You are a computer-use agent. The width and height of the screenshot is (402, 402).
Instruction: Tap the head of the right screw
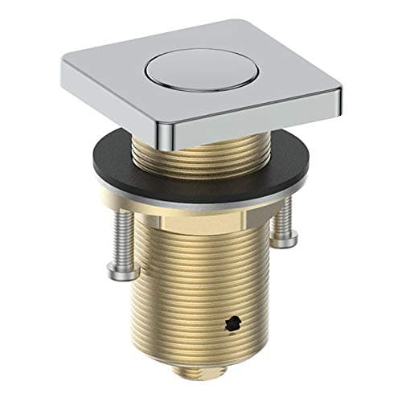point(284,239)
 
